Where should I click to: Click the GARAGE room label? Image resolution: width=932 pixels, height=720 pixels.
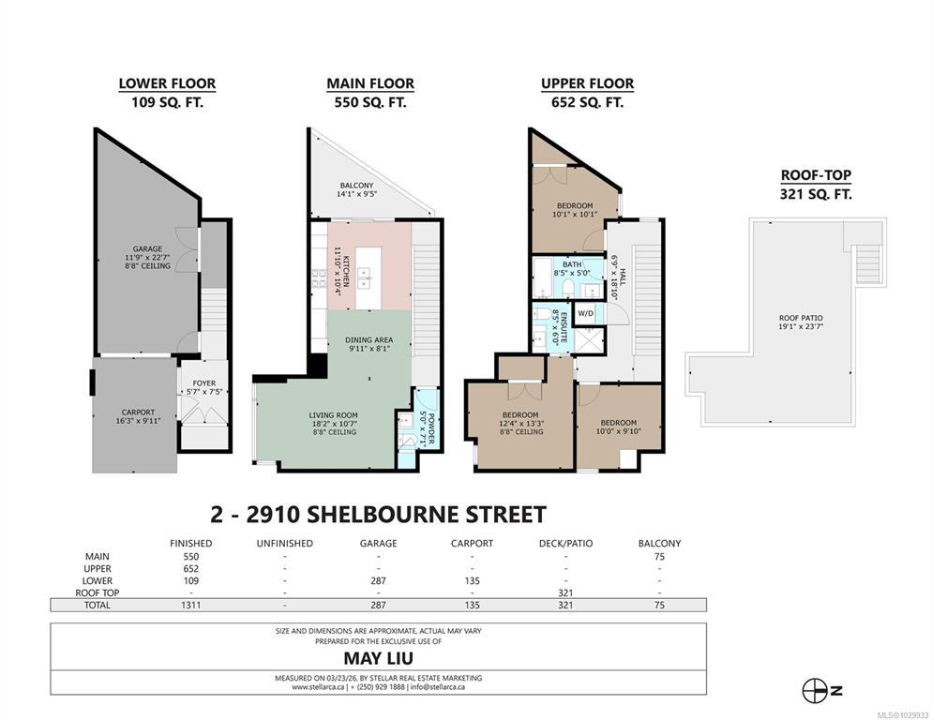[x=147, y=249]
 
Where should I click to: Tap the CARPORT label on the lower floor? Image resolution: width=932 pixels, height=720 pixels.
[x=138, y=412]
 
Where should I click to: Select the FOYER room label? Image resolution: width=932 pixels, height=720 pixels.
[x=203, y=383]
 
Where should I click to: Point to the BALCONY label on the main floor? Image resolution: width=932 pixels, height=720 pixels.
[x=356, y=186]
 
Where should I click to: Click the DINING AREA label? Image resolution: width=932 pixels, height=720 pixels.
[x=369, y=340]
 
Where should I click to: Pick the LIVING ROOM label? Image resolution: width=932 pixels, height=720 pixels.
[x=334, y=415]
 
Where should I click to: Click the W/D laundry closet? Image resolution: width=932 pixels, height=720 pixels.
[x=585, y=313]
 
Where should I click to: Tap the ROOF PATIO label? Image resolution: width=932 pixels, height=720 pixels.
[x=801, y=318]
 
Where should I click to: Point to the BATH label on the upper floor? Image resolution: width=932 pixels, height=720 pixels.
[x=572, y=264]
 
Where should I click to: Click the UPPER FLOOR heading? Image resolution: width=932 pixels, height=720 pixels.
[x=587, y=83]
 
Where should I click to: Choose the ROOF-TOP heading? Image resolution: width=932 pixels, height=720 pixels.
[x=816, y=175]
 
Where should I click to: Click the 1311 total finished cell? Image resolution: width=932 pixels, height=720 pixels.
[x=190, y=606]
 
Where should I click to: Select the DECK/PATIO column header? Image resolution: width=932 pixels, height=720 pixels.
[x=566, y=544]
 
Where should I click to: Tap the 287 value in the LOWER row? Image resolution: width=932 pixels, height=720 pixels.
[x=378, y=581]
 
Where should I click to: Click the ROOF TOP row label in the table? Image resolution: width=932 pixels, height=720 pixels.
[x=97, y=592]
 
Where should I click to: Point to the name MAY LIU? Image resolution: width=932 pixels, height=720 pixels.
[x=378, y=659]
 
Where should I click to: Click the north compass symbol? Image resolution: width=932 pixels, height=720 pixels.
[x=815, y=690]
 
